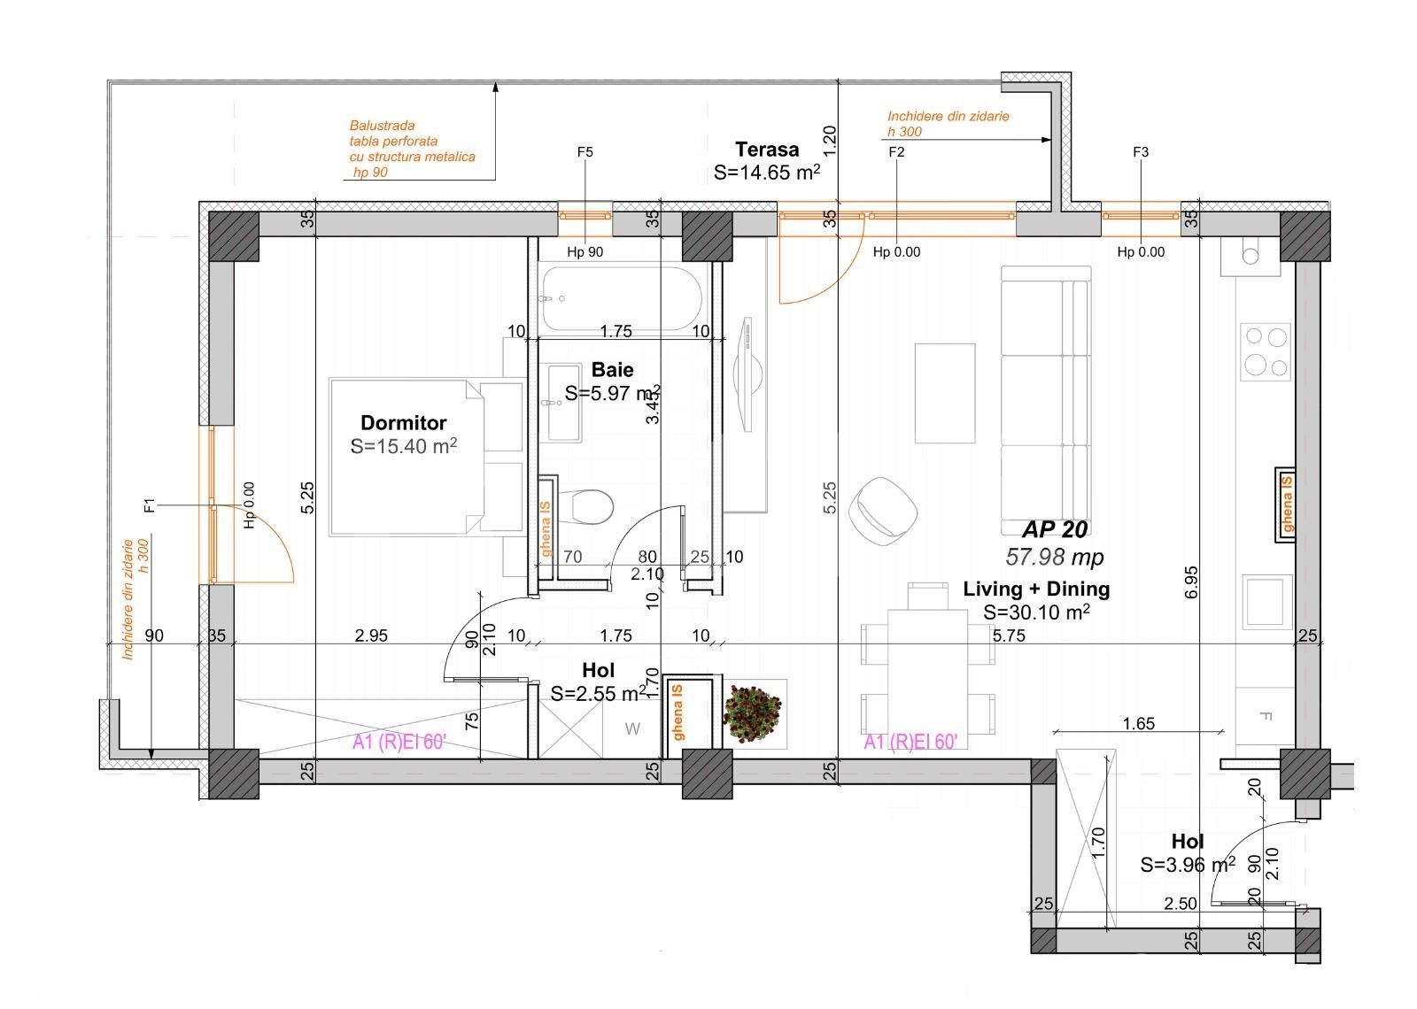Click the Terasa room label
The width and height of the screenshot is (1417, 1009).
(766, 150)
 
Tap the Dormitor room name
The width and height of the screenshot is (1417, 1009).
(403, 422)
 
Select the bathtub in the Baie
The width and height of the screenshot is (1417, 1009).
(620, 298)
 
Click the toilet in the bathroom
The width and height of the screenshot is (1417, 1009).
(592, 507)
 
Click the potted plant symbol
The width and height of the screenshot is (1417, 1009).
(753, 713)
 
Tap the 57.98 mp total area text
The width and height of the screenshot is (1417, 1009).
(1054, 557)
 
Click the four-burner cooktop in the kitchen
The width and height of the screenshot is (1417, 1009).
(1265, 351)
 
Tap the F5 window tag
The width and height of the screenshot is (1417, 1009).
(585, 152)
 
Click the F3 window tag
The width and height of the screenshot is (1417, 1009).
(1141, 152)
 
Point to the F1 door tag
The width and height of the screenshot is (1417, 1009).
(150, 505)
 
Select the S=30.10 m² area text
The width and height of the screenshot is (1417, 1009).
(1036, 612)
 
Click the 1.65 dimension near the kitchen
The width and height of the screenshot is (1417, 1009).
(1138, 723)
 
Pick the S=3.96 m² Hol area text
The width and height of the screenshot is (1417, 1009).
(1187, 865)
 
